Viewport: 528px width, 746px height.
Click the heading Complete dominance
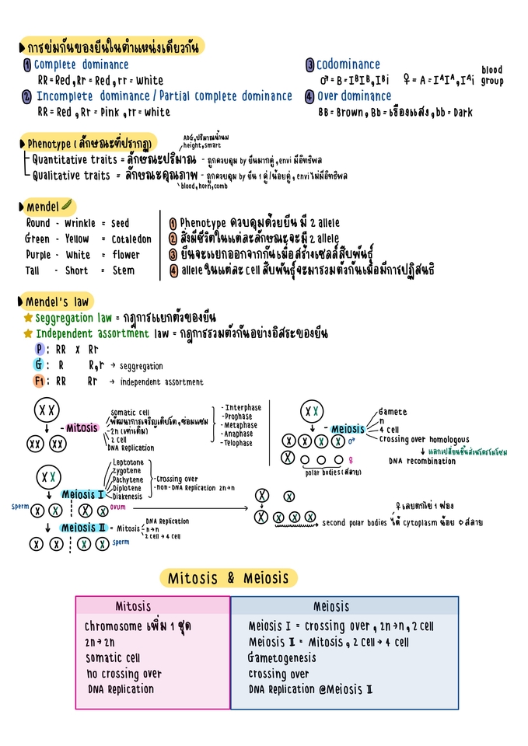[x=81, y=65]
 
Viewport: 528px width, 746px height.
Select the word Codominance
[x=348, y=65]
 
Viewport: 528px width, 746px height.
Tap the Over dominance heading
[x=354, y=96]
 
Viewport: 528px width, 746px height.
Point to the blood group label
[x=491, y=75]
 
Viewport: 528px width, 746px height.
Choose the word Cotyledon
[x=131, y=239]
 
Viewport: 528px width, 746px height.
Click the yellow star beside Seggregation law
[x=28, y=319]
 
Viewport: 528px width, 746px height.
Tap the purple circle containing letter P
[x=40, y=350]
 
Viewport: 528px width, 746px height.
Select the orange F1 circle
[x=40, y=382]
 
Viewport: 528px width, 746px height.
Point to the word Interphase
[x=243, y=408]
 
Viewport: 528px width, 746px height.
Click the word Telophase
[x=239, y=443]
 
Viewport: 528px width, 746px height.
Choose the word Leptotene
[x=128, y=462]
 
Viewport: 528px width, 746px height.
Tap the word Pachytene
[x=128, y=479]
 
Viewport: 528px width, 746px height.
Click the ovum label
[x=118, y=507]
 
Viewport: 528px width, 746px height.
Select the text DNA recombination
[x=422, y=461]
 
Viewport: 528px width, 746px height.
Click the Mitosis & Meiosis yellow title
[x=228, y=578]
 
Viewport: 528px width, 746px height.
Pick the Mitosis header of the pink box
[x=134, y=606]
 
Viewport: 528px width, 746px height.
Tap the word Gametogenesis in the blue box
[x=282, y=658]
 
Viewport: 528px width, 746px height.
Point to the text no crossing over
[x=124, y=674]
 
